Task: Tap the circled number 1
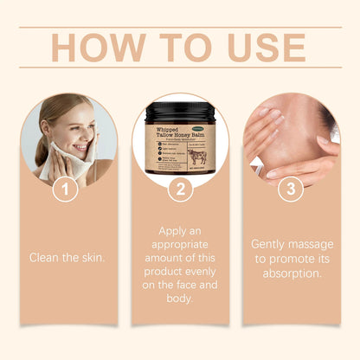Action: [67, 187]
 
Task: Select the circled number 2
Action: [179, 187]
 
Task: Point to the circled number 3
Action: [291, 187]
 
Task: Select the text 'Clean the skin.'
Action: [67, 257]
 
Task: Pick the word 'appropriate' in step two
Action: [179, 244]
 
